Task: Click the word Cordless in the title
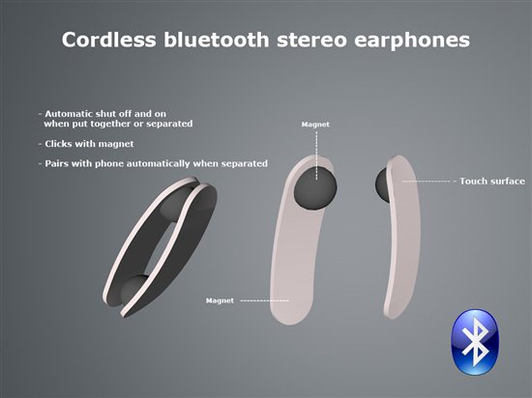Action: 109,40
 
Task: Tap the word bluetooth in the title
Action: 217,40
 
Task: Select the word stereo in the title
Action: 311,41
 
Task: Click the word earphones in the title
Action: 412,41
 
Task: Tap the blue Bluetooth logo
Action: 475,342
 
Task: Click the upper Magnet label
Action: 315,125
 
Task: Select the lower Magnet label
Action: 220,300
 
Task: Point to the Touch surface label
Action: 492,182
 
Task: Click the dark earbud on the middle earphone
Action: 315,188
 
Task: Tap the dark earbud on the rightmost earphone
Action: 383,185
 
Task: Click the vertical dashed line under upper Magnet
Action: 316,156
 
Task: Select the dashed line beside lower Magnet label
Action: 265,300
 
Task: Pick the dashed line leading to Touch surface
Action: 427,182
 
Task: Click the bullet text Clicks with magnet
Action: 89,144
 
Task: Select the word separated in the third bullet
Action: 245,164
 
